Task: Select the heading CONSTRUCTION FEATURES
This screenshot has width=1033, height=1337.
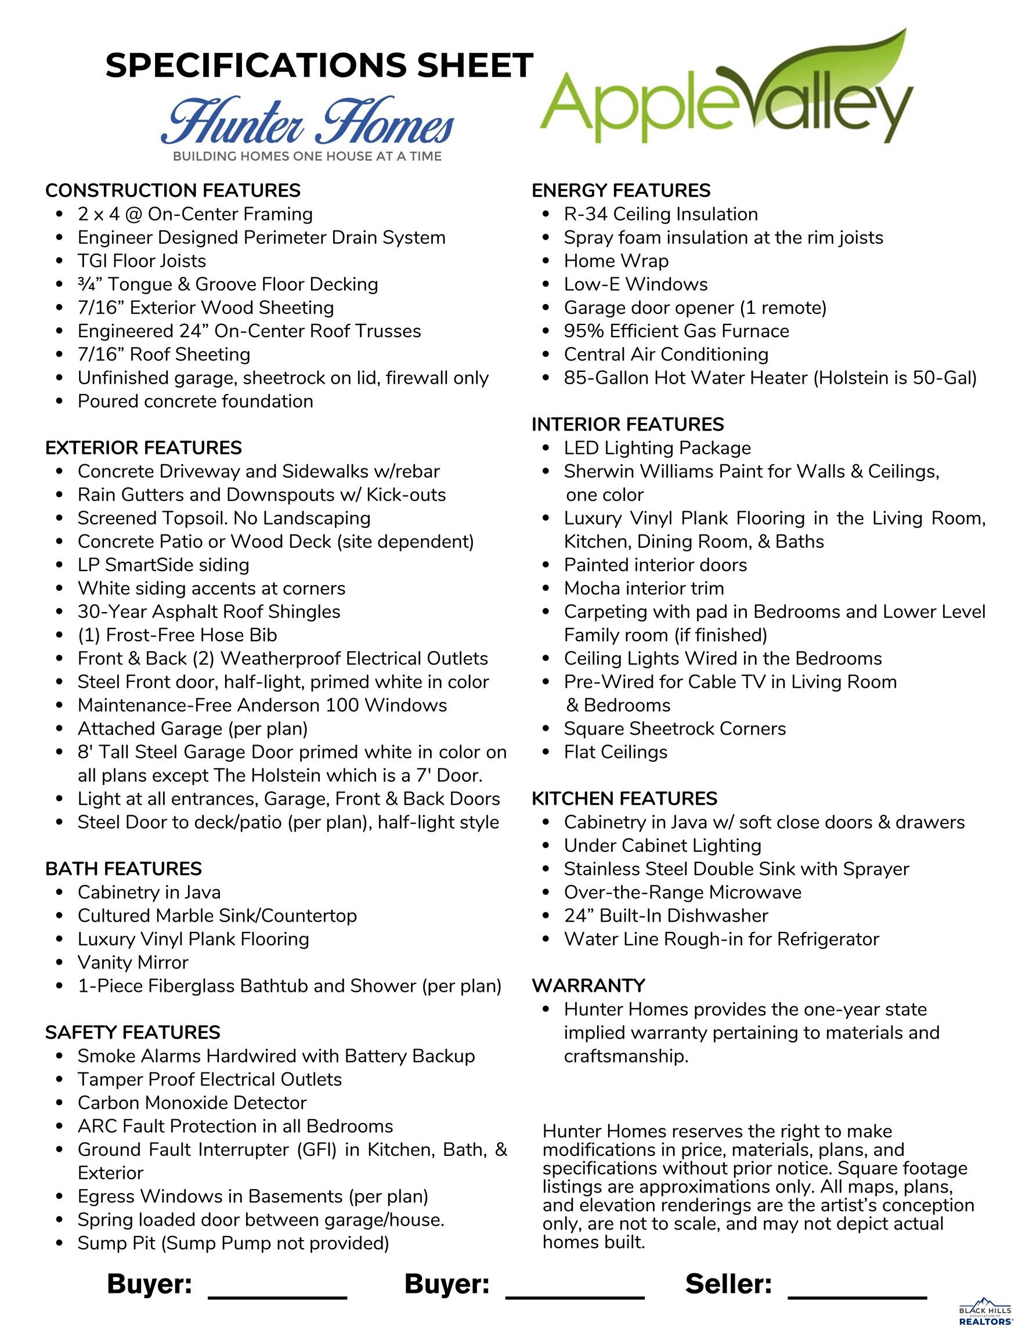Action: [173, 190]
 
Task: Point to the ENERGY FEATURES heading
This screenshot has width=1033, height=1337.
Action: [621, 190]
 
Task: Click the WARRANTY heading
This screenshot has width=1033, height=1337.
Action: [588, 985]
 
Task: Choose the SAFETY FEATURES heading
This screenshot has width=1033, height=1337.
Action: [132, 1033]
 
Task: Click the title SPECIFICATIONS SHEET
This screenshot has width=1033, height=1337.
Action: [319, 66]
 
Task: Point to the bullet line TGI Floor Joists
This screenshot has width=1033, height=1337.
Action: [142, 261]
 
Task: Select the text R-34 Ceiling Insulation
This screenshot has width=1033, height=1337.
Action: [660, 214]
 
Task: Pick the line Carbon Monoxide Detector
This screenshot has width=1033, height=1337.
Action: [192, 1103]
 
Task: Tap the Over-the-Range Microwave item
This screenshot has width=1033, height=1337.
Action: [682, 892]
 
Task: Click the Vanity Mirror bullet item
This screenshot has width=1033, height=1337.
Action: [133, 962]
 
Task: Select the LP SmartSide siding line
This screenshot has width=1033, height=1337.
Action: [164, 565]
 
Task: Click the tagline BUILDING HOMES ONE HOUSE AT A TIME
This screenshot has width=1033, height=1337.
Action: [307, 156]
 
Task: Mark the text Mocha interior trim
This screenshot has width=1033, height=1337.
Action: [644, 588]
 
